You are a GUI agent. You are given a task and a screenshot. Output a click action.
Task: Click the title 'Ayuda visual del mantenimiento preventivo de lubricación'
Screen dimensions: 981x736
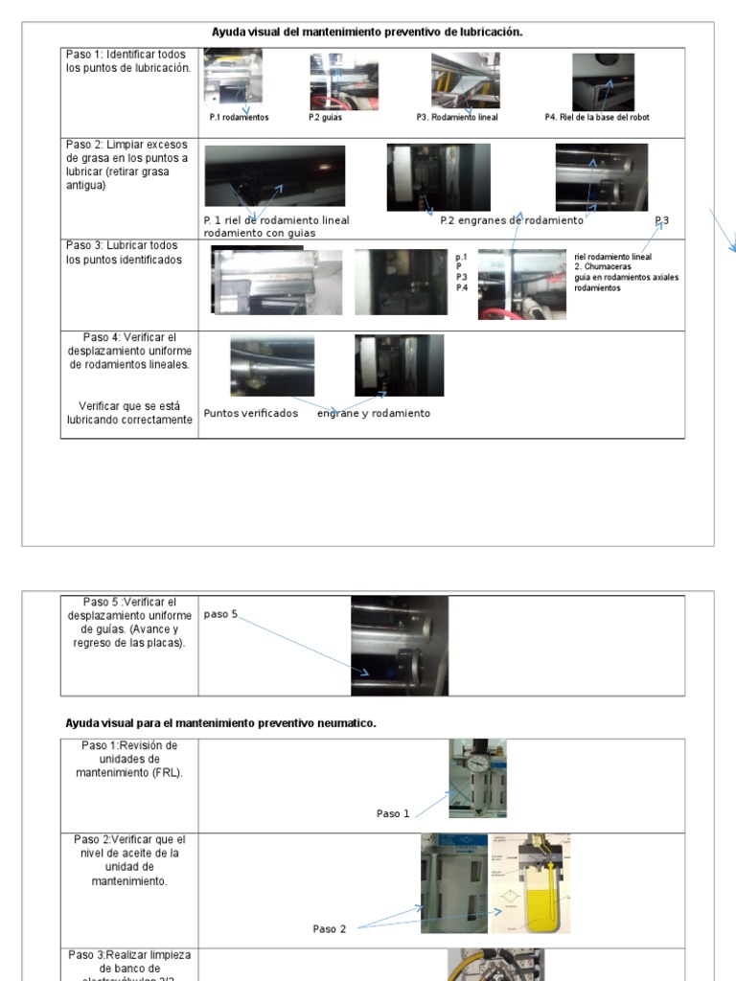click(367, 32)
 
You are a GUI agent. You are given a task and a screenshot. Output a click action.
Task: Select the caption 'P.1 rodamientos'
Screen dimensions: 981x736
click(239, 118)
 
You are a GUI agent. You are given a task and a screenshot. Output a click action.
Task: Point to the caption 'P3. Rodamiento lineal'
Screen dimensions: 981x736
click(457, 118)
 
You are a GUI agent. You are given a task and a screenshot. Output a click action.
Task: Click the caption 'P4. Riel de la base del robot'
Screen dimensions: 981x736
click(597, 118)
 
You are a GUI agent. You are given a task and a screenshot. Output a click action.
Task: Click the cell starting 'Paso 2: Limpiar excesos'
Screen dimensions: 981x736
click(127, 164)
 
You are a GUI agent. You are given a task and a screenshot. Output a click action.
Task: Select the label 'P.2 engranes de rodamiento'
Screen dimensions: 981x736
click(511, 220)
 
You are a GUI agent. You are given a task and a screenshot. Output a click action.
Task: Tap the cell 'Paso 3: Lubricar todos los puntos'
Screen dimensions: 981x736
click(124, 253)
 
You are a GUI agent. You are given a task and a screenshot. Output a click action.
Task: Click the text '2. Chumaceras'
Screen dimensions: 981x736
click(603, 266)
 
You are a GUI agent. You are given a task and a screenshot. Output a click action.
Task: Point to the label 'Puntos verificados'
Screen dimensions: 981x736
click(251, 413)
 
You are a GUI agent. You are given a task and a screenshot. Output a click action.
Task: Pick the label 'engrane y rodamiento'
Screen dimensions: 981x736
click(374, 413)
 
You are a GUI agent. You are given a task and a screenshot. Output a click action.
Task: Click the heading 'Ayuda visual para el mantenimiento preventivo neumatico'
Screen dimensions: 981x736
click(220, 723)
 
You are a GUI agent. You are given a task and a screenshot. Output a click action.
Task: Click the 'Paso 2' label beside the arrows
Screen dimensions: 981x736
click(330, 928)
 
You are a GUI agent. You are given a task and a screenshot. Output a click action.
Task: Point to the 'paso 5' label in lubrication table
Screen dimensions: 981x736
click(220, 614)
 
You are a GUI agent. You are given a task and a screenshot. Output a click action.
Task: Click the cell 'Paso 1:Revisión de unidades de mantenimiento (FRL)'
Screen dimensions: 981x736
click(128, 759)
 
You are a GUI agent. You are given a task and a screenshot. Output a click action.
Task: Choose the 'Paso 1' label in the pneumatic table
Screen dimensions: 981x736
click(393, 813)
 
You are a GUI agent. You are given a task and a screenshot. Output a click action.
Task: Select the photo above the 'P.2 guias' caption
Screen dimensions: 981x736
click(343, 81)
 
